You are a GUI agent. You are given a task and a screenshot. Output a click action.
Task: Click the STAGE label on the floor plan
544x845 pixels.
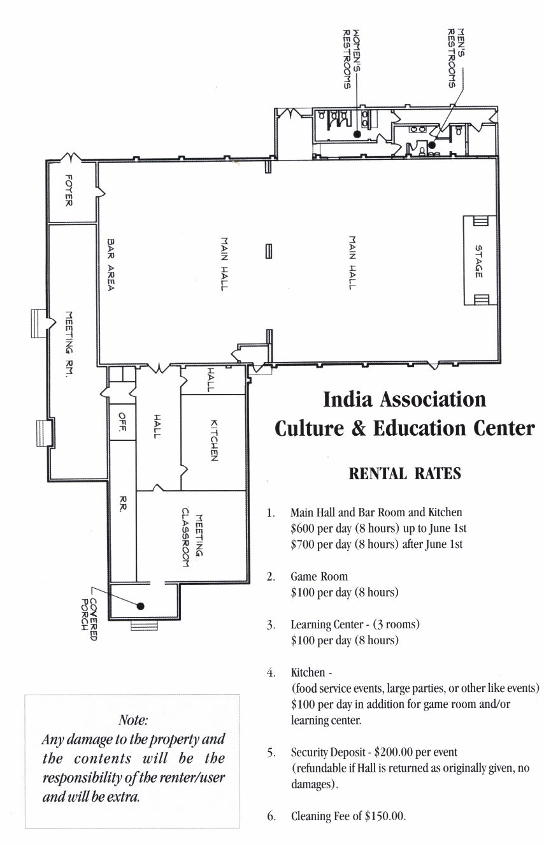[x=478, y=261]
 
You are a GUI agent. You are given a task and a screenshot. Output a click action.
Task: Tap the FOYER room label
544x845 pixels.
[x=69, y=190]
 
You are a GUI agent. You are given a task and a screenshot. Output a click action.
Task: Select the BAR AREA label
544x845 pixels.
[x=111, y=264]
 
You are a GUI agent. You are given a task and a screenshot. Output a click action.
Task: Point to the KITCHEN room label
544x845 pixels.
[x=214, y=440]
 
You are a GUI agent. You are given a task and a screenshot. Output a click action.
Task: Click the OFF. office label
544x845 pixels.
[x=122, y=421]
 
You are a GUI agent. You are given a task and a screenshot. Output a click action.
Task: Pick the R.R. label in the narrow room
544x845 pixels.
[x=122, y=503]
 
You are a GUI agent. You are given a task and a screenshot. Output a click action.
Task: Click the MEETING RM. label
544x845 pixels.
[x=69, y=343]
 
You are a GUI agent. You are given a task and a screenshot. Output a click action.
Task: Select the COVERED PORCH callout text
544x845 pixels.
[x=90, y=619]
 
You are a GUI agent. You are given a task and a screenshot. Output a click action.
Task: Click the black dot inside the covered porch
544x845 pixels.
[x=141, y=606]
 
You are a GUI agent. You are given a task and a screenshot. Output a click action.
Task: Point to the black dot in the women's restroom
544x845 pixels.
[x=357, y=134]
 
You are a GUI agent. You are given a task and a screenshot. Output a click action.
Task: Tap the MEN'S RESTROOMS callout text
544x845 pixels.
[x=455, y=58]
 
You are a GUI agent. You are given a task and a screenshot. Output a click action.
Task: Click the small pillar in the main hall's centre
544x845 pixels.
[x=269, y=251]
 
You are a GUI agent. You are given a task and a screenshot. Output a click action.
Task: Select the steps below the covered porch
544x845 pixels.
[x=145, y=625]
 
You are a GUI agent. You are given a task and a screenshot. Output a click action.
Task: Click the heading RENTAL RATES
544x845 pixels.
[x=404, y=474]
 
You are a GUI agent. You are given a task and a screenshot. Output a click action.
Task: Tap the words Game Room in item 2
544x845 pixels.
[x=319, y=576]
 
